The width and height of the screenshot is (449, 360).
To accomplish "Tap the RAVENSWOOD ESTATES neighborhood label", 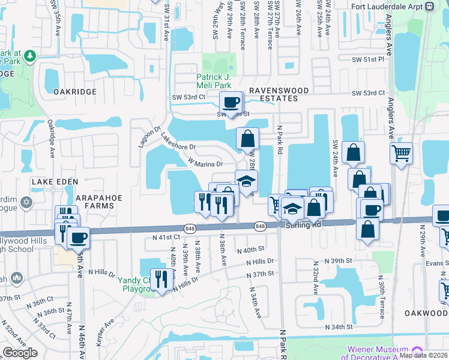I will tap(274, 94).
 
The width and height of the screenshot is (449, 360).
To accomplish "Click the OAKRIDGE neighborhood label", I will tap(74, 91).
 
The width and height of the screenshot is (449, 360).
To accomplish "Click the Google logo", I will tap(20, 353).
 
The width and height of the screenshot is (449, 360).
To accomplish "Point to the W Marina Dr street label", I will tap(205, 163).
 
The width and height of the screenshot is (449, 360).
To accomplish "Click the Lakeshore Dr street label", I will tap(178, 142).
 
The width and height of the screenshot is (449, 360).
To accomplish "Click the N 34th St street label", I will tap(339, 327).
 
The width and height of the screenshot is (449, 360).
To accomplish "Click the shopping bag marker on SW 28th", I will tap(247, 140).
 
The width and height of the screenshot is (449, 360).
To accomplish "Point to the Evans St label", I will tap(438, 263).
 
